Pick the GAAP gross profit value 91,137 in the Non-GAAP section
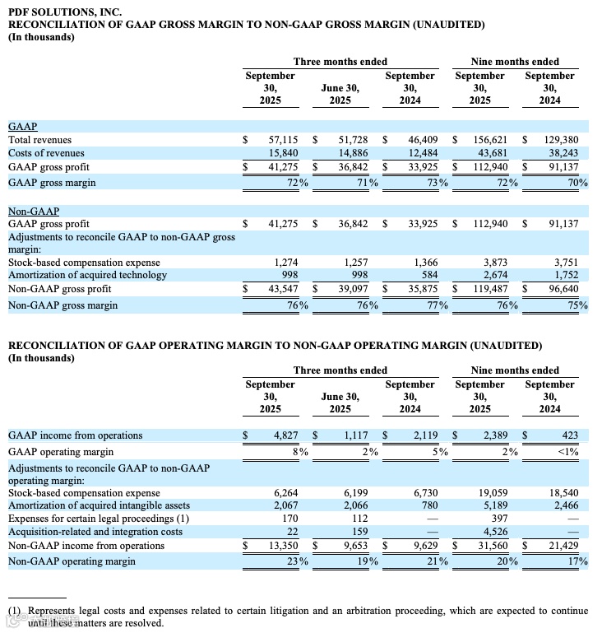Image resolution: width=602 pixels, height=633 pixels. click(x=562, y=224)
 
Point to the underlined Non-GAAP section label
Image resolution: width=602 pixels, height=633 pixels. click(x=33, y=211)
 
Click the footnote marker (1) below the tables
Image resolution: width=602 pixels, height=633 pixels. click(x=16, y=612)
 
